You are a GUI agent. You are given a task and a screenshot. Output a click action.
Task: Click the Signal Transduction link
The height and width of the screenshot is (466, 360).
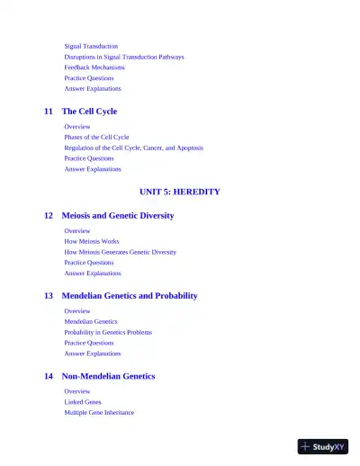(x=91, y=46)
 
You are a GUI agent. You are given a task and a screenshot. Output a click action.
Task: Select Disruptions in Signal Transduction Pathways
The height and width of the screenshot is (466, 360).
(x=124, y=57)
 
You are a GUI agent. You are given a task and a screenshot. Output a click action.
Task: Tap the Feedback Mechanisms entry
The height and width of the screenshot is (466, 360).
(x=94, y=67)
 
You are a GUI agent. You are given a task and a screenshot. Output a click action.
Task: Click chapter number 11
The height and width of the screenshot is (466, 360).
(x=49, y=112)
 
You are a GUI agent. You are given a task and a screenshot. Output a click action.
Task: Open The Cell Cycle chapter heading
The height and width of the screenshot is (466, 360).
(x=89, y=112)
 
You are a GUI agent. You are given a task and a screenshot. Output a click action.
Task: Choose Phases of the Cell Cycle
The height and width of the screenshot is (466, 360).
(x=96, y=138)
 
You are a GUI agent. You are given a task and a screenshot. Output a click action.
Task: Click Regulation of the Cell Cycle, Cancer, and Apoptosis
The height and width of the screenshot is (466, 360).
(x=133, y=148)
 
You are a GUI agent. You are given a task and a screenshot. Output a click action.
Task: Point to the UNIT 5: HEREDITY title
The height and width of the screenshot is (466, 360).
(x=180, y=192)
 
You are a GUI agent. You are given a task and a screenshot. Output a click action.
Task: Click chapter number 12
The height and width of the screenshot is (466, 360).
(x=49, y=216)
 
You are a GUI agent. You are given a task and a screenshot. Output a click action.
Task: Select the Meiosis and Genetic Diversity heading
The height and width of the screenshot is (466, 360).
(x=118, y=216)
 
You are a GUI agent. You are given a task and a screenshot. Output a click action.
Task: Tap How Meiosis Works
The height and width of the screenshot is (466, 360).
(x=92, y=242)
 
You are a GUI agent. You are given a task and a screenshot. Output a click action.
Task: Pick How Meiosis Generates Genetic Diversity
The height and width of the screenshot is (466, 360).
(x=121, y=253)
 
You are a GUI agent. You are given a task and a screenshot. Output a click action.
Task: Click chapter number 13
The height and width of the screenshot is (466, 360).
(x=49, y=296)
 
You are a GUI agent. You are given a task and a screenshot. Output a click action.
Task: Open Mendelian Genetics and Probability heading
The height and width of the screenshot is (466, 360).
(x=130, y=296)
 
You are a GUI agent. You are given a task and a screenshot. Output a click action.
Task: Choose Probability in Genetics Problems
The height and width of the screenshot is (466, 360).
(x=108, y=332)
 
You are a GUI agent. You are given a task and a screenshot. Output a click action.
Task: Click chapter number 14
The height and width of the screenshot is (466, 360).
(x=49, y=376)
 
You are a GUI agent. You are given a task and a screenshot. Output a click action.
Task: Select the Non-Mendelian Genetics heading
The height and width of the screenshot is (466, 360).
(x=108, y=376)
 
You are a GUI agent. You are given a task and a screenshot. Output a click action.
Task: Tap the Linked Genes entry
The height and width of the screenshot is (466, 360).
(x=83, y=402)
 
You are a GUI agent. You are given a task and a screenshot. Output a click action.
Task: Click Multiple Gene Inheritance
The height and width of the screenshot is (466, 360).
(x=99, y=413)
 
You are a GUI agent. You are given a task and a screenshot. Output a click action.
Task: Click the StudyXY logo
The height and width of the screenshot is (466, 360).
(x=322, y=446)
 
